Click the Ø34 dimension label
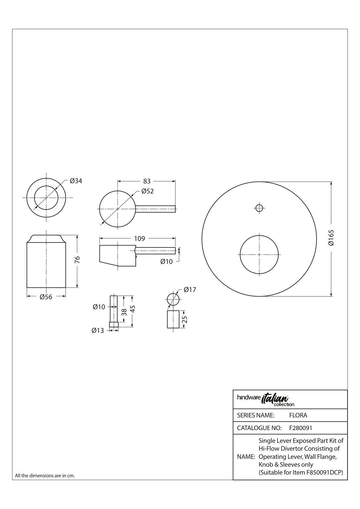[x=76, y=181]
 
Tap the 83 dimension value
[x=147, y=181]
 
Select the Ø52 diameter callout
[x=148, y=191]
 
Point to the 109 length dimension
[x=139, y=238]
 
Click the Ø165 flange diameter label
[x=331, y=238]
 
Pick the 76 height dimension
[x=77, y=260]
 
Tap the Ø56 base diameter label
[x=46, y=297]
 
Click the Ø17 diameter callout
[x=190, y=290]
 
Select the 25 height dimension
[x=185, y=320]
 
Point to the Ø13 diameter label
[x=98, y=330]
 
